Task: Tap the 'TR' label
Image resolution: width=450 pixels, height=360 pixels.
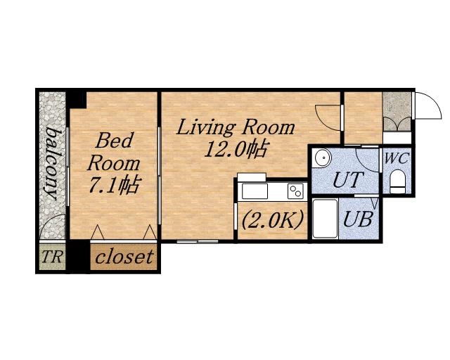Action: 51,257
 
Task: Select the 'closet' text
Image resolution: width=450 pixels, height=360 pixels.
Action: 124,257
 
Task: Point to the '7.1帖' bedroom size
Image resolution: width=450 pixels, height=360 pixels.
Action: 114,184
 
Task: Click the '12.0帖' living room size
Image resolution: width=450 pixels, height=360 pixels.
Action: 236,148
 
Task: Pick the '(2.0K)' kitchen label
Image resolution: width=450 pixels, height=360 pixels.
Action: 272,219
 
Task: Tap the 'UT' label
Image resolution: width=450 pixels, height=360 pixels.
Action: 349,179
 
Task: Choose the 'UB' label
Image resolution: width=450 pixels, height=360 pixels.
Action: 358,219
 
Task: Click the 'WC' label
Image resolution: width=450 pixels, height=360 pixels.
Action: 397,158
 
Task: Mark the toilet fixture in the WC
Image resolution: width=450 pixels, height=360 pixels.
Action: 397,181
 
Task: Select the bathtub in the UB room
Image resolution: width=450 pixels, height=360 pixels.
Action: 325,219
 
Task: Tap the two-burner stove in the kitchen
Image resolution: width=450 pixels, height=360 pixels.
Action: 295,191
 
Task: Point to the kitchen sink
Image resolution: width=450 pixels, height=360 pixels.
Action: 255,191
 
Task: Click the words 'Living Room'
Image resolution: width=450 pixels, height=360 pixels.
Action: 236,128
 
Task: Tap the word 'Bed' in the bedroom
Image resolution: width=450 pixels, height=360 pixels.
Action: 115,141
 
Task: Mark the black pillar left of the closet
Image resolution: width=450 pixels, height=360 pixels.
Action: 78,257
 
